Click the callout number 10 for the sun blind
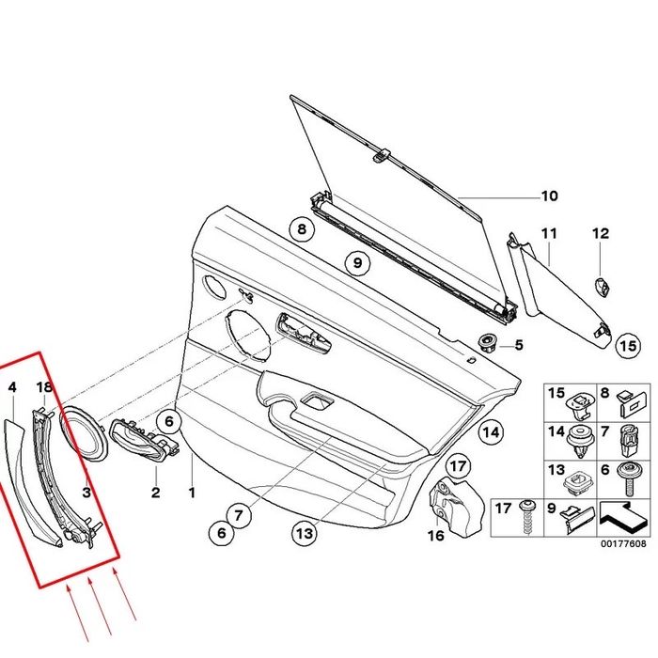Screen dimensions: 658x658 (x=548, y=196)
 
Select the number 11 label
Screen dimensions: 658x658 (x=549, y=232)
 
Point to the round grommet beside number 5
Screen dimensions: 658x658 (x=488, y=343)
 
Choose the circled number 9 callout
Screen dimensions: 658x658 (x=357, y=262)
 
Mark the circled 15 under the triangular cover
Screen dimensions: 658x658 (x=626, y=347)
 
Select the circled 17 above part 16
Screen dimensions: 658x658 (x=457, y=464)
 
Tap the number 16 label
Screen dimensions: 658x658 (x=434, y=536)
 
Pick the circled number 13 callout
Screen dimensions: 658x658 (x=303, y=533)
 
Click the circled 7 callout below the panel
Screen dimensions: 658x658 (x=240, y=514)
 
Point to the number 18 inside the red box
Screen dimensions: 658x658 (x=44, y=386)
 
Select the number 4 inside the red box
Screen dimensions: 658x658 (x=13, y=386)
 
